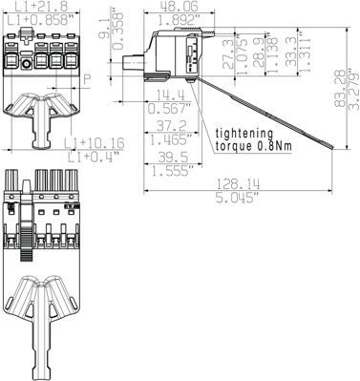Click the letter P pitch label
point(87,80)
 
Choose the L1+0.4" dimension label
point(91,156)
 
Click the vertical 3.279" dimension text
point(354,91)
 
